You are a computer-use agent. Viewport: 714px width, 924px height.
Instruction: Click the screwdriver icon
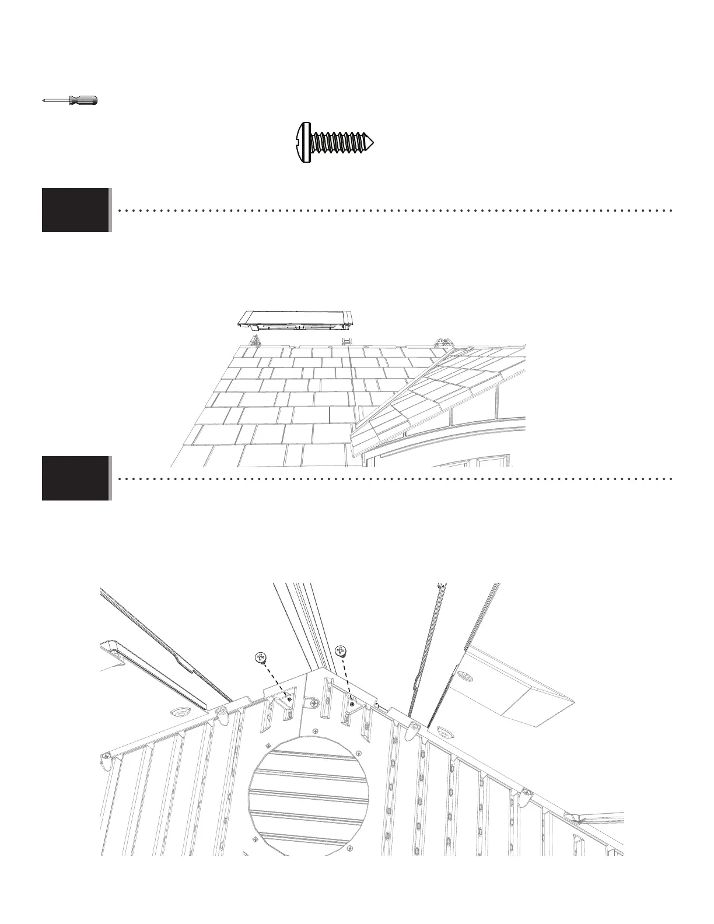70,100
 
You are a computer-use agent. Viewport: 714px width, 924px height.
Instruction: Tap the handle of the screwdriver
83,100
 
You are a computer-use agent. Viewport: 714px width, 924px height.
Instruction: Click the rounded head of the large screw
302,142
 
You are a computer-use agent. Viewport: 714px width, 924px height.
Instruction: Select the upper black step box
76,210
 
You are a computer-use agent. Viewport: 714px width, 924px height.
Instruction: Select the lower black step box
76,478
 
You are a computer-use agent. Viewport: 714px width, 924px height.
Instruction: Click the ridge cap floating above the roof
295,318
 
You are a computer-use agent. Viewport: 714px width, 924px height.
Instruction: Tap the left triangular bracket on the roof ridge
255,340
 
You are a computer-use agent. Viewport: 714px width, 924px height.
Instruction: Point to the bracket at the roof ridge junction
446,344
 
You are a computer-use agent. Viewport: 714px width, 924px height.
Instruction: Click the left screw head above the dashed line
261,657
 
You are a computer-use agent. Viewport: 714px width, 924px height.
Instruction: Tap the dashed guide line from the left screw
275,680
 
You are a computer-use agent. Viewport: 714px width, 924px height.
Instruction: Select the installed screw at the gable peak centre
315,705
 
